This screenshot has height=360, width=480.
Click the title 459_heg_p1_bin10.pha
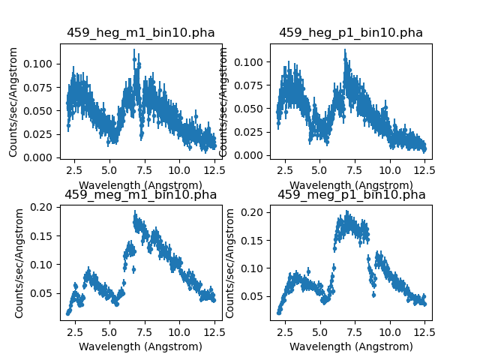(351, 33)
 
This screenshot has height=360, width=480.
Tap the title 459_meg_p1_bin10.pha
(351, 195)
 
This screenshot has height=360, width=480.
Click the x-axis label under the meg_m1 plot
(140, 346)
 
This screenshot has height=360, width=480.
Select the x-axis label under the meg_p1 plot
(351, 346)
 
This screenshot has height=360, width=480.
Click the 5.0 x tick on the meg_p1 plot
(320, 330)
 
